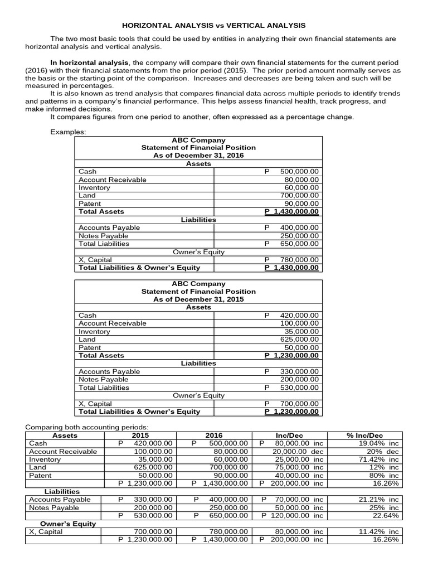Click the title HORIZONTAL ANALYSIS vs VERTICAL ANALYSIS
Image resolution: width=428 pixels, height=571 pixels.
click(214, 25)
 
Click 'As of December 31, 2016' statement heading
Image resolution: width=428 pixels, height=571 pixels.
click(198, 156)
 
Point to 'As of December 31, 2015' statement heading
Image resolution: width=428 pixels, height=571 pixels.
click(198, 299)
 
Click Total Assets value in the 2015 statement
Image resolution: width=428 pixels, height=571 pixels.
click(291, 355)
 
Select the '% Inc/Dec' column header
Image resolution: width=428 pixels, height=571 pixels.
click(364, 435)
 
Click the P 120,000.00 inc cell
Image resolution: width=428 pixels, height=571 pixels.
click(291, 515)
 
